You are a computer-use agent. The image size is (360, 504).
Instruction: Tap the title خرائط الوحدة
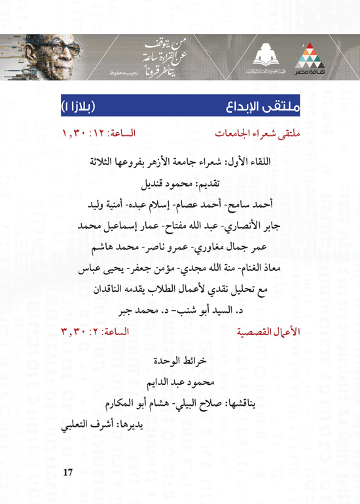pyautogui.click(x=180, y=359)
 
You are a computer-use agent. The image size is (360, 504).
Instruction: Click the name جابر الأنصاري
pyautogui.click(x=259, y=227)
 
